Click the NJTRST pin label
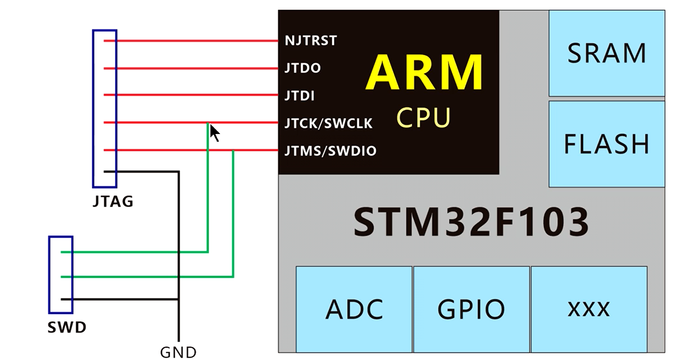coord(311,40)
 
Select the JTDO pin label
coord(303,68)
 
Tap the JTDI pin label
coord(300,96)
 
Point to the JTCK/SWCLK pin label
coord(328,123)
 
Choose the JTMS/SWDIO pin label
coord(330,151)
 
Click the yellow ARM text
coord(424,73)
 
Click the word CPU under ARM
coord(424,117)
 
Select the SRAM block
coord(606,53)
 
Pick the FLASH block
coord(606,144)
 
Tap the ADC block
coord(354,309)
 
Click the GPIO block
coord(471,309)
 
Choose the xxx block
coord(589,309)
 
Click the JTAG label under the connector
coord(113,201)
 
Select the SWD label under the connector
coord(66,327)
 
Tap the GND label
coord(178,352)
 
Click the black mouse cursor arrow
coord(214,133)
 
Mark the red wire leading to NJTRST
coord(194,41)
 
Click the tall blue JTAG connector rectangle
coord(104,108)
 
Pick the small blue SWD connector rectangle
coord(60,275)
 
